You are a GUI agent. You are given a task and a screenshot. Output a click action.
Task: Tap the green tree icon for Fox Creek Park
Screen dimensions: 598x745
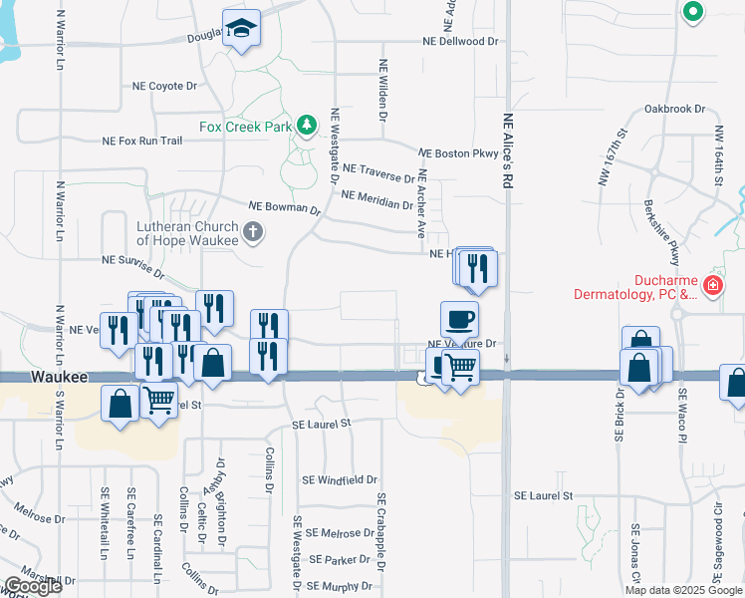309,126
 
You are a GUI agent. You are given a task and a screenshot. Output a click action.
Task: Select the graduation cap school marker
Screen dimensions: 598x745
240,30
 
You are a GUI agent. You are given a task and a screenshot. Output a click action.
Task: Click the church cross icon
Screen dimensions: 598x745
253,233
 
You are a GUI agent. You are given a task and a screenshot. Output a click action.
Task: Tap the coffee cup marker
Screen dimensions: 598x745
459,319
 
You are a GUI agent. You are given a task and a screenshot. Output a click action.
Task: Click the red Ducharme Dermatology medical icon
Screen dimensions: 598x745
712,286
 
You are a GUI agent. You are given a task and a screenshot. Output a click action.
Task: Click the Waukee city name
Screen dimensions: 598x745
60,379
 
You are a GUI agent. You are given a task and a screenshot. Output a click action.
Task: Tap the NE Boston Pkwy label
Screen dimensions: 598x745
457,154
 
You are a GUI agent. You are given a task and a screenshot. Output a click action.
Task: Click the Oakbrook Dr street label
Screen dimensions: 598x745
674,108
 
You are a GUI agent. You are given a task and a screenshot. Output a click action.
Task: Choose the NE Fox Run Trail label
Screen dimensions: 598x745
142,142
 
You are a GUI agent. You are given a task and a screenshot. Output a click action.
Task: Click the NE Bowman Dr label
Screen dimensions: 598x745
284,208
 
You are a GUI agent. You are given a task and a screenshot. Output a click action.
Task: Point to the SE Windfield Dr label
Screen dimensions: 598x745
340,480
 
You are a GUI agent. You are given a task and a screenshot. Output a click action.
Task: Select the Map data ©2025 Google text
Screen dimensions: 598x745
682,590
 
